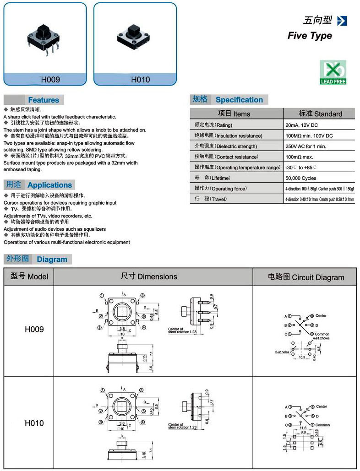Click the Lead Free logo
333,72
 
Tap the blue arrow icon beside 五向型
342,21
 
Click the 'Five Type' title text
310,36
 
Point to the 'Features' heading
44,100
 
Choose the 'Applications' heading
49,185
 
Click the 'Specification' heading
239,100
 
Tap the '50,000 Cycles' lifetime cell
300,178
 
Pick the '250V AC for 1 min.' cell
305,146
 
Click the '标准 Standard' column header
320,114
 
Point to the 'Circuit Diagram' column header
305,277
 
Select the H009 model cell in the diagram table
34,329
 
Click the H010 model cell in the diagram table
34,423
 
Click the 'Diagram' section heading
52,259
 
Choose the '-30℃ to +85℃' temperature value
301,168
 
